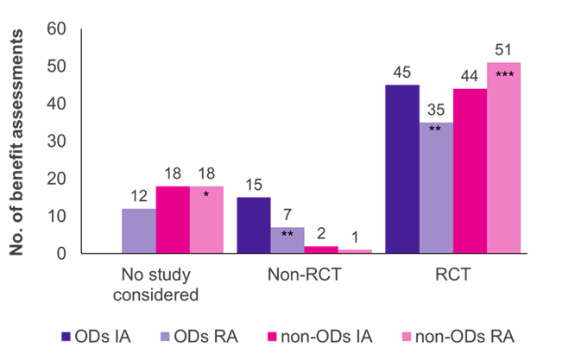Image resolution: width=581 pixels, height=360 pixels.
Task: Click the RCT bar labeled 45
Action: pos(402,168)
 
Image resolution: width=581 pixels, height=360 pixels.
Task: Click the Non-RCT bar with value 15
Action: pos(253,224)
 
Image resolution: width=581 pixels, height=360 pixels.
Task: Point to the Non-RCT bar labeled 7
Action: pos(287,240)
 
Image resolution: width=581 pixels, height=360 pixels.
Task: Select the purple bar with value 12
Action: pos(138,231)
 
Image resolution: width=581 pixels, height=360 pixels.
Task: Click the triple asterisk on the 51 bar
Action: pos(504,75)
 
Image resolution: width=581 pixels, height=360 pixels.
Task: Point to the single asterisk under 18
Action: pos(205,196)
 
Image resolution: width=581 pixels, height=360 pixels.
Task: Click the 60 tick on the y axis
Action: pos(56,28)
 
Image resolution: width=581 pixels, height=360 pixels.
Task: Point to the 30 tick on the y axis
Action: pos(56,141)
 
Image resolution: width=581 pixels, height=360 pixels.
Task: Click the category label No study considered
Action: pos(161,284)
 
